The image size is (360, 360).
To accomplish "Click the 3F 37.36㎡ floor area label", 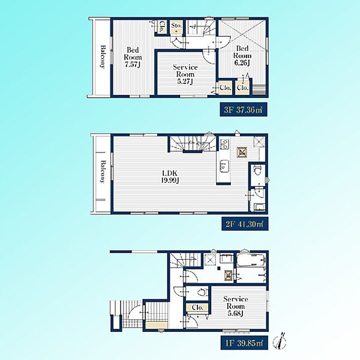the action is click(x=244, y=110).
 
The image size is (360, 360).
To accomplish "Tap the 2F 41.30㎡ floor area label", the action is click(x=245, y=224).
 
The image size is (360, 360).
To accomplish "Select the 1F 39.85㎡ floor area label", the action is click(x=244, y=343).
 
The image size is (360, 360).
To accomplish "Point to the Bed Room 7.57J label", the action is click(x=133, y=57).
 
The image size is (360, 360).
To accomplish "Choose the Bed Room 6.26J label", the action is click(x=242, y=56).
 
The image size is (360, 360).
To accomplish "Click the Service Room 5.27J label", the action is click(x=185, y=74).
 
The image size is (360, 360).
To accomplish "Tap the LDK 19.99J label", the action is click(x=170, y=177).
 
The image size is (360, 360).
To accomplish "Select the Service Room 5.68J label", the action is click(x=236, y=306).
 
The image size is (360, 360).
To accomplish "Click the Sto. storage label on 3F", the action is click(x=176, y=25).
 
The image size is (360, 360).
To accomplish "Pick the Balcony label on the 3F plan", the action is click(x=103, y=57).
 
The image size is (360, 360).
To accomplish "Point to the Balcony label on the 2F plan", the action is click(x=103, y=171).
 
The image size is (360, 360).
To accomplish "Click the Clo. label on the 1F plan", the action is click(x=197, y=307).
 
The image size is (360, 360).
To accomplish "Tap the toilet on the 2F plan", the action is click(x=256, y=170).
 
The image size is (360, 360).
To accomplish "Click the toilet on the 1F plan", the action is click(x=202, y=292).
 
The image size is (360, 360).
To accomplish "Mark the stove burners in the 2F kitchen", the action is click(x=224, y=144).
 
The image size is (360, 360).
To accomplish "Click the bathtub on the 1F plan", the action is click(x=251, y=260).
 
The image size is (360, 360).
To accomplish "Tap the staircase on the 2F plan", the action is click(x=193, y=144).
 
